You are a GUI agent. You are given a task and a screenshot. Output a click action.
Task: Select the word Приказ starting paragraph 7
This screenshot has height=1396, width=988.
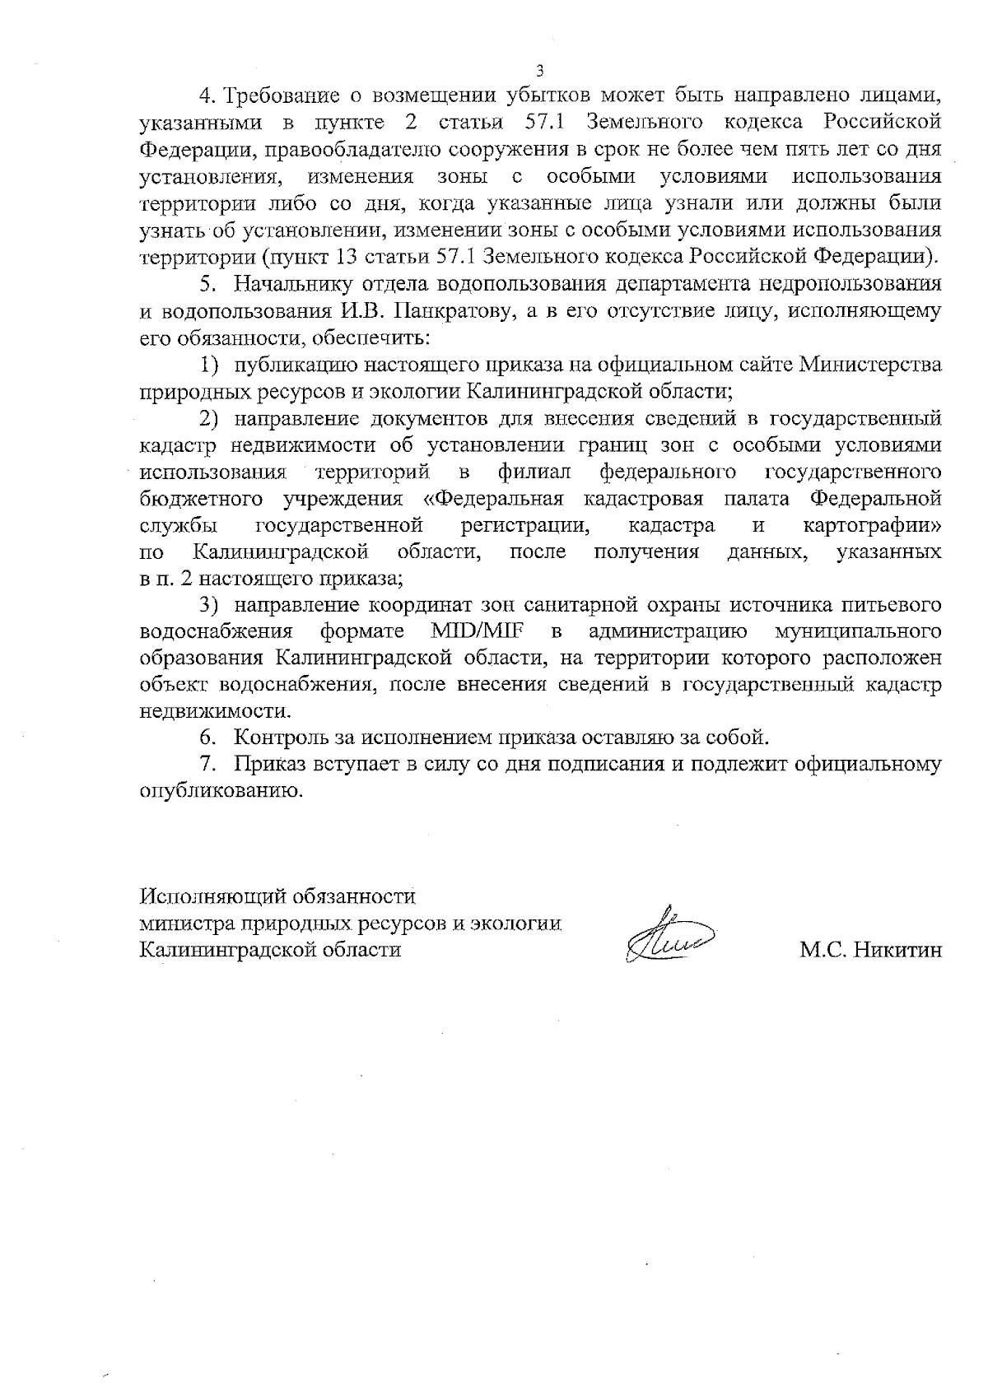[x=268, y=763]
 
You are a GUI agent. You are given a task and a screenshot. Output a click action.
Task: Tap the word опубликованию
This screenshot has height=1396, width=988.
[x=218, y=790]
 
